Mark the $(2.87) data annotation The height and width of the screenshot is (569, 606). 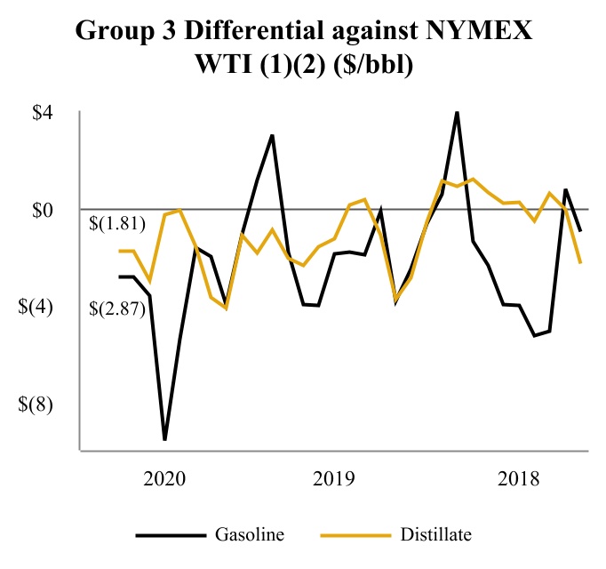click(117, 309)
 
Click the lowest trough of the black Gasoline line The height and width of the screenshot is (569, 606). click(164, 439)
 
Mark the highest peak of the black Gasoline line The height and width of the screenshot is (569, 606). click(457, 112)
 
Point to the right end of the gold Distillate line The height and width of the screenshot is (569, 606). click(580, 263)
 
